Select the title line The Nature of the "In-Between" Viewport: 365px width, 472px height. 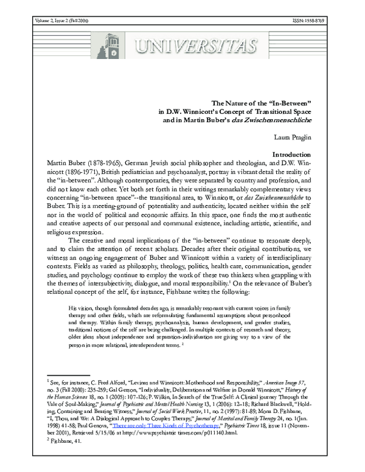tap(272, 103)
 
